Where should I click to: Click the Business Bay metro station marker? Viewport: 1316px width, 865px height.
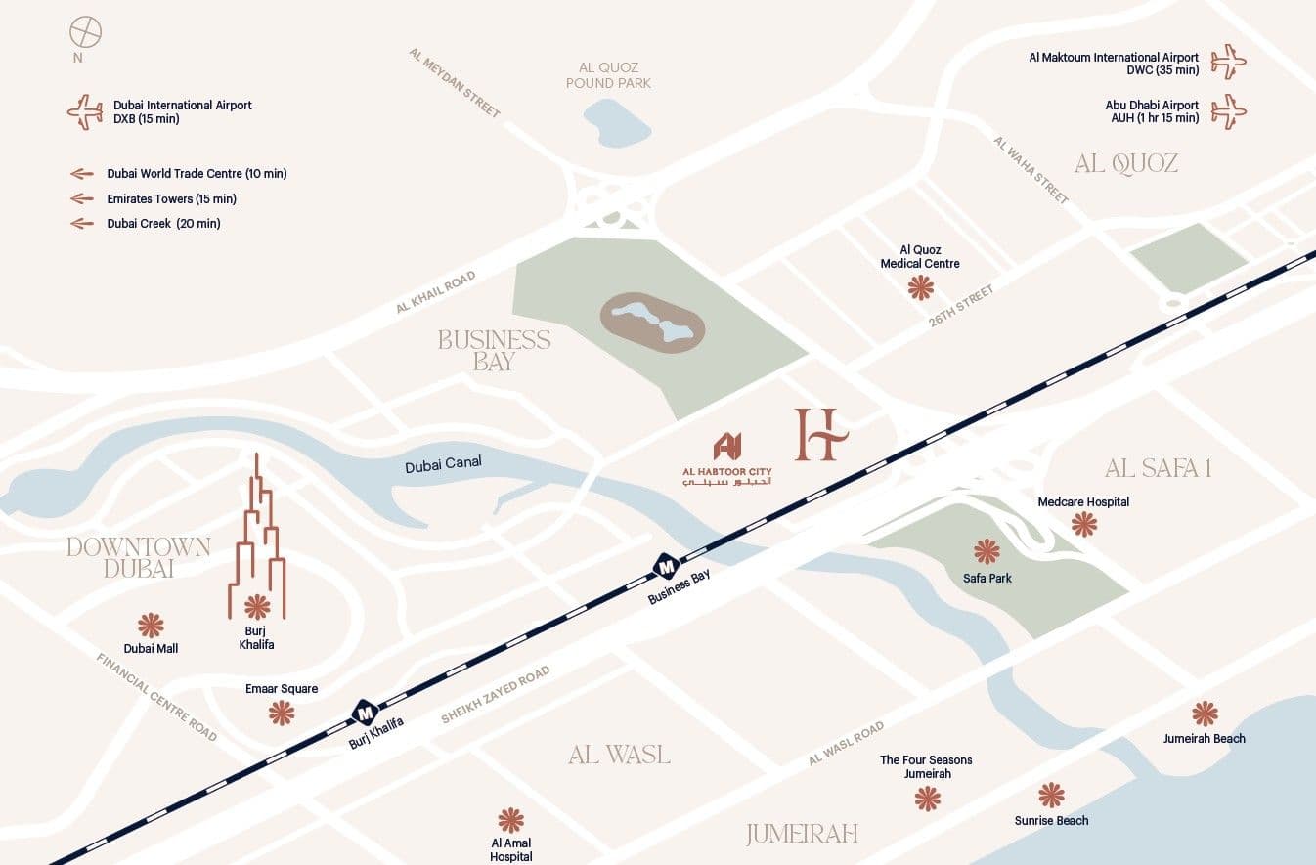click(667, 565)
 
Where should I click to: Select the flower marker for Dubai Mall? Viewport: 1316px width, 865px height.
click(151, 626)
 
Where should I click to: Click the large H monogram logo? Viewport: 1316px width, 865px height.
click(819, 434)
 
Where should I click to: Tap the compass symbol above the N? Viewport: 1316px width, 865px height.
click(85, 32)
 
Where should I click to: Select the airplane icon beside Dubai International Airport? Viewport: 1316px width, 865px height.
click(85, 111)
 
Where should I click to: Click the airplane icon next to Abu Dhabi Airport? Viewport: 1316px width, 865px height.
click(1228, 110)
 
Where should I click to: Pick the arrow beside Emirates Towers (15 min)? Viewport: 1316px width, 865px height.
click(82, 198)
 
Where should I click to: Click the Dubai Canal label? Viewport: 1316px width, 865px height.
click(443, 464)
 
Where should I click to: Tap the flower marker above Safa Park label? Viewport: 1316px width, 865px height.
click(987, 552)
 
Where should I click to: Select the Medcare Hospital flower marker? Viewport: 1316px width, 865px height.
click(1083, 525)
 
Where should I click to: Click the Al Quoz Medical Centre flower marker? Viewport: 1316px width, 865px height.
click(920, 287)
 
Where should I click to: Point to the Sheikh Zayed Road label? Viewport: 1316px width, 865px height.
click(495, 695)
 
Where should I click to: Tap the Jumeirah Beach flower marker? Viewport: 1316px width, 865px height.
click(1205, 714)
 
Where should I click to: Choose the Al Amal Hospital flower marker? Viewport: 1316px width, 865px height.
click(510, 820)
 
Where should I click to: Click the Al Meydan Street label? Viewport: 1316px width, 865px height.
click(455, 83)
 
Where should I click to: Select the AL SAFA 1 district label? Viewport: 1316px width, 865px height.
click(1158, 468)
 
